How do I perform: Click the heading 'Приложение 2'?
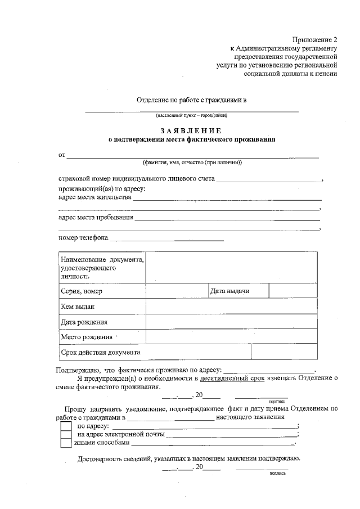pos(314,39)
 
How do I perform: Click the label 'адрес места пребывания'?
pos(96,218)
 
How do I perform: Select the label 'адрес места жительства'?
pos(95,197)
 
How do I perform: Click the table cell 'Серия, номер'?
pos(82,291)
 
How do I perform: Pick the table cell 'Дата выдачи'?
pos(229,291)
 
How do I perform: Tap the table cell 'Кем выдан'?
pos(77,307)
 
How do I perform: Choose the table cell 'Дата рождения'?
pos(84,322)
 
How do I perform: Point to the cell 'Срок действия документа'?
pos(100,352)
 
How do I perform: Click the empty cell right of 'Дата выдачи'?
pos(292,291)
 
